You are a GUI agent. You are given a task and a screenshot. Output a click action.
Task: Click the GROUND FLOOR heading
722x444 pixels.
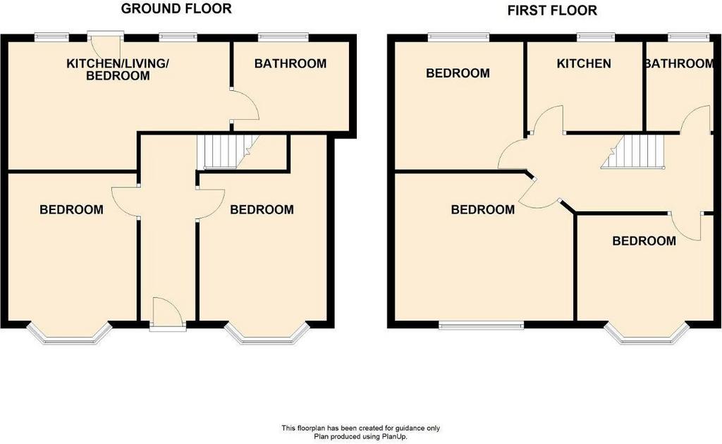pyautogui.click(x=176, y=8)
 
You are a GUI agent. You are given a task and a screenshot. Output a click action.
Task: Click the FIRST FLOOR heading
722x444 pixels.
pyautogui.click(x=552, y=10)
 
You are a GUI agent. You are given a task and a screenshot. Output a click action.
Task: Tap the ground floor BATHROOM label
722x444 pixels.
pyautogui.click(x=290, y=63)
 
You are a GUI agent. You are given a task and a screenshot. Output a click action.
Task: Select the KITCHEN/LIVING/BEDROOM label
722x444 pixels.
pyautogui.click(x=118, y=70)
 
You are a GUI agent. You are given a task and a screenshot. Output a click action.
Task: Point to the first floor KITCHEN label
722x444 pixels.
pyautogui.click(x=584, y=63)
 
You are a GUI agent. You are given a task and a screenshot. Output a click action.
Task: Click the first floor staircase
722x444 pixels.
pyautogui.click(x=634, y=152)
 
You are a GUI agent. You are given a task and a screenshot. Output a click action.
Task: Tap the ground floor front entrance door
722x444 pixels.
pyautogui.click(x=168, y=312)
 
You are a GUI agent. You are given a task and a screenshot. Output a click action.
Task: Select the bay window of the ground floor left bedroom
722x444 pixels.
pyautogui.click(x=70, y=333)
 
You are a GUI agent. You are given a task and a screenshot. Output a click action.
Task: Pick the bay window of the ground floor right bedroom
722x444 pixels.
pyautogui.click(x=266, y=333)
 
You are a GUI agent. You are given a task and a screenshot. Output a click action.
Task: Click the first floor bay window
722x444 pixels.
pyautogui.click(x=647, y=333)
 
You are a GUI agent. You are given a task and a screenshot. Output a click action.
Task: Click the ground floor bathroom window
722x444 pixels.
pyautogui.click(x=283, y=37)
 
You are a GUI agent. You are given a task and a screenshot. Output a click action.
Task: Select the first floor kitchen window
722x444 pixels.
pyautogui.click(x=596, y=37)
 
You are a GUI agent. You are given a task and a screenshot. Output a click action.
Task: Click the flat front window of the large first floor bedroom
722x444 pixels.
pyautogui.click(x=481, y=326)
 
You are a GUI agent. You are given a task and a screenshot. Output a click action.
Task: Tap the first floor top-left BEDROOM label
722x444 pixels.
pyautogui.click(x=458, y=73)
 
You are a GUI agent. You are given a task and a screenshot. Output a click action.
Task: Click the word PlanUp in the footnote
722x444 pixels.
pyautogui.click(x=393, y=436)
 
